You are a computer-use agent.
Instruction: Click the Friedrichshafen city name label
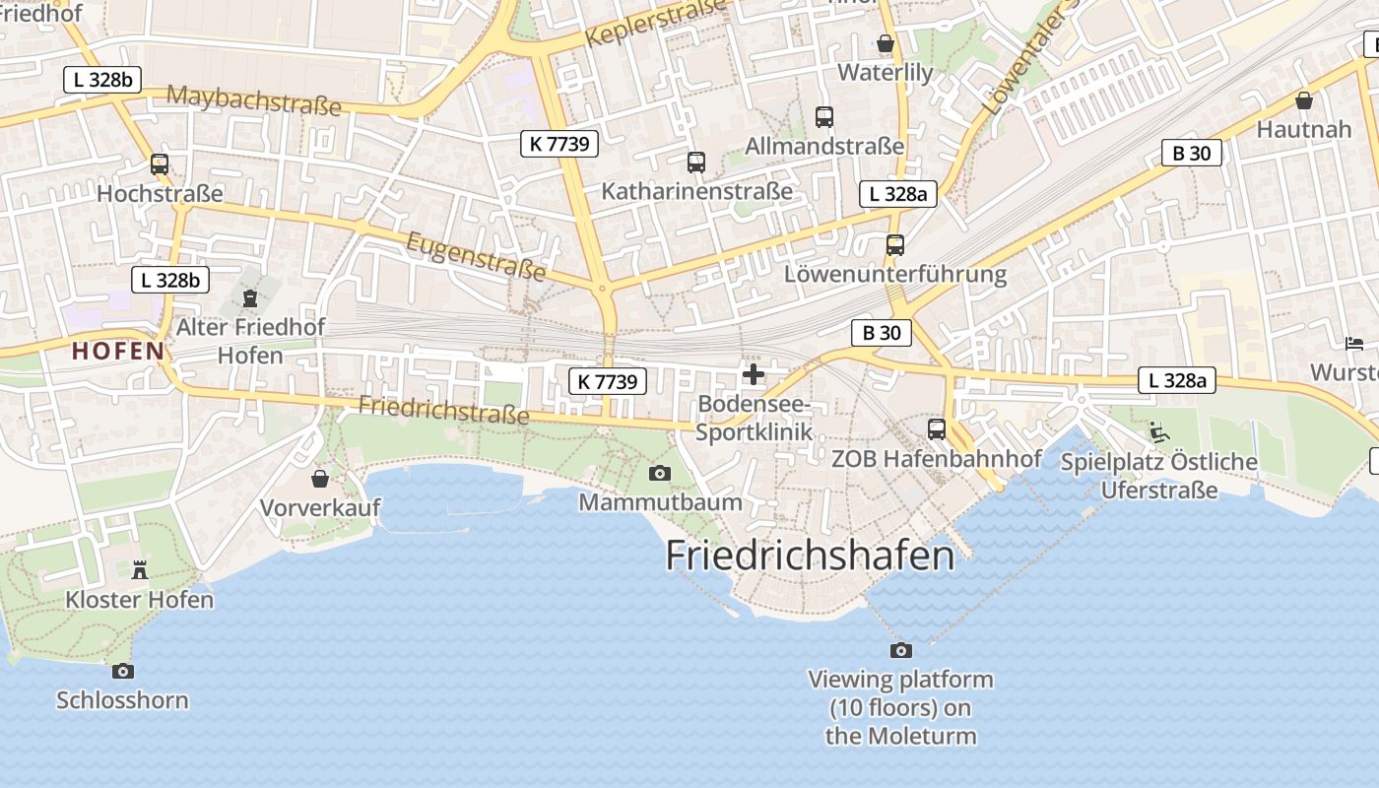point(810,556)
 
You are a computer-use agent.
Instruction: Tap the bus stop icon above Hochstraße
point(160,164)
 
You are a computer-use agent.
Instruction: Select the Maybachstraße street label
point(254,99)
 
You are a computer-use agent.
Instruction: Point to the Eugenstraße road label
point(476,255)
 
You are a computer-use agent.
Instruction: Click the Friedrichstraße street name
point(443,409)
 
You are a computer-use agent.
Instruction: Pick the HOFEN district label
point(118,351)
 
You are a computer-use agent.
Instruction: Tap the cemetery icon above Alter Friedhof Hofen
point(250,297)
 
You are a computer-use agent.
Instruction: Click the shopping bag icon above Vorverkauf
point(320,480)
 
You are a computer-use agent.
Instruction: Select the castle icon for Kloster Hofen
point(139,569)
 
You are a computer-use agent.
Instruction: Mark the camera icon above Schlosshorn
point(122,672)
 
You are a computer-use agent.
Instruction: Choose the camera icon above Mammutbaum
point(660,474)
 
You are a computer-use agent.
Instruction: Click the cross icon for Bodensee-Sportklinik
point(755,374)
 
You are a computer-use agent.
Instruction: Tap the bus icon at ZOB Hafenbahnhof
point(936,429)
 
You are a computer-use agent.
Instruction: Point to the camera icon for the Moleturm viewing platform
point(900,650)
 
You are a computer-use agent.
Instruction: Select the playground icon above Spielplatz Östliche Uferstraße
point(1159,431)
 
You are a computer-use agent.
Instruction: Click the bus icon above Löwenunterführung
point(894,245)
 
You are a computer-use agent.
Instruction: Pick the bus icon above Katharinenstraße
point(696,162)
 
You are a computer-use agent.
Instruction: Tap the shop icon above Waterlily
point(885,43)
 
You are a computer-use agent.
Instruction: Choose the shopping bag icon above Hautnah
point(1304,100)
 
